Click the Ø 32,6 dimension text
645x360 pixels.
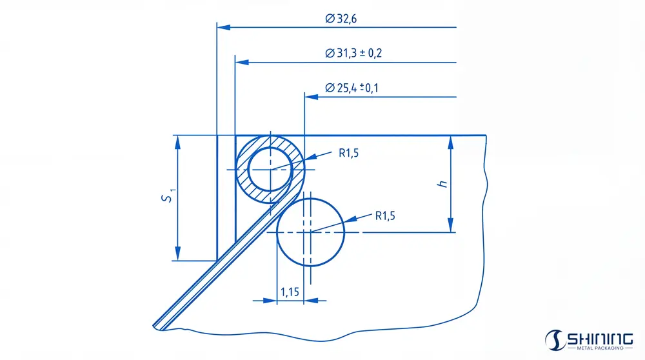coord(341,19)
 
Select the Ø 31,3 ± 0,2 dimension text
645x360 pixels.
coord(354,53)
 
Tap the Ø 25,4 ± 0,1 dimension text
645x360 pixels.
coord(352,88)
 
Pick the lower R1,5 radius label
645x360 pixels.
coord(385,215)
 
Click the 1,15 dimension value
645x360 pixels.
coord(290,292)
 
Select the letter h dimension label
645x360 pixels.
coord(442,184)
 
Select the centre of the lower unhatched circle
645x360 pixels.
coord(310,232)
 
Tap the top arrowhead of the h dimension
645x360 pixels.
coord(450,141)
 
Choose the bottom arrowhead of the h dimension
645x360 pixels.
coord(450,226)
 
